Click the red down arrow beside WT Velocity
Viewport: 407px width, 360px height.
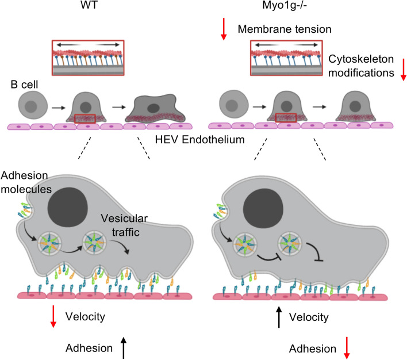click(53, 317)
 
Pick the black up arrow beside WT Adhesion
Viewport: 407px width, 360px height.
click(123, 347)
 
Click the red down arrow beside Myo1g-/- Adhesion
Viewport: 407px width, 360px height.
click(347, 348)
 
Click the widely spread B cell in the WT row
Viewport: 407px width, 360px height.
click(153, 109)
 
